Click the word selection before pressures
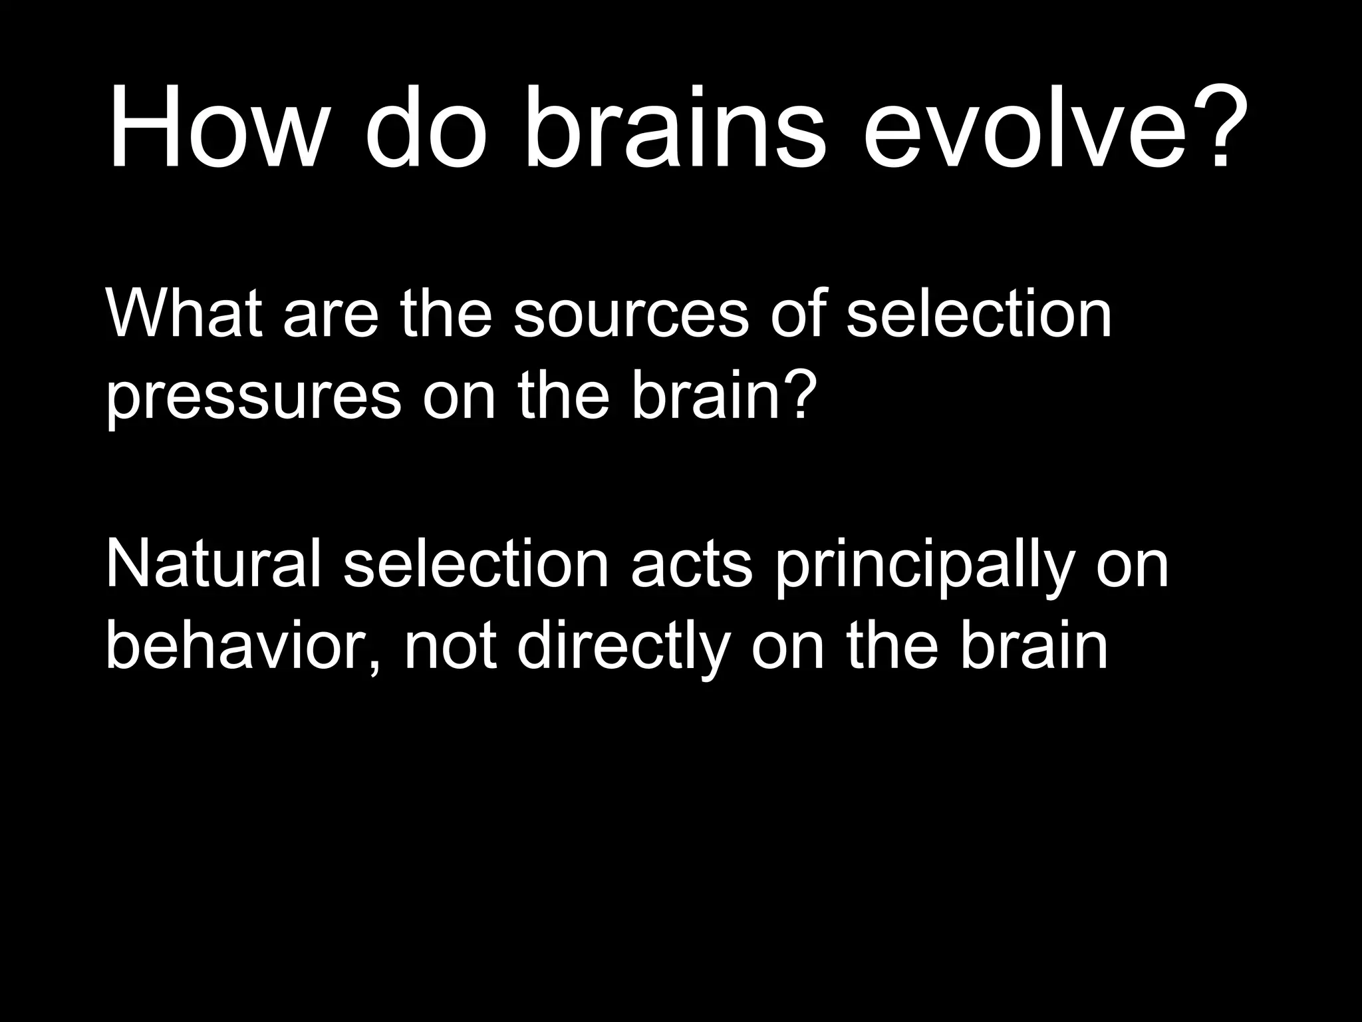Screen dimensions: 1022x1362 click(979, 314)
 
